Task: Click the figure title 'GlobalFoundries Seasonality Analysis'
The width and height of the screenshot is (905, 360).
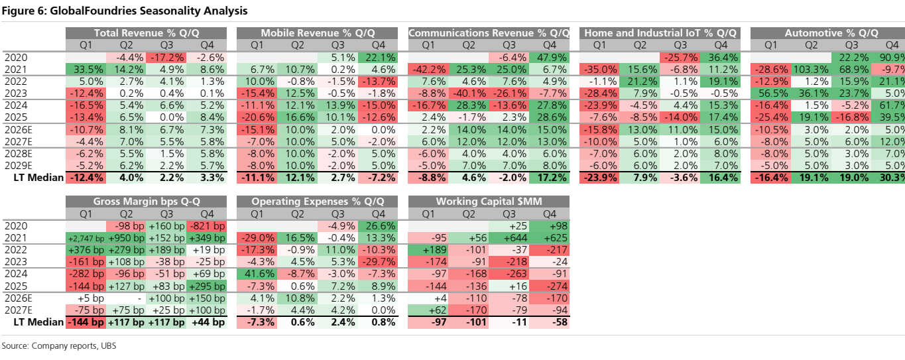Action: coord(149,11)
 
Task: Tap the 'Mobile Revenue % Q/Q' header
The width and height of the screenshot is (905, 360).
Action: coord(318,33)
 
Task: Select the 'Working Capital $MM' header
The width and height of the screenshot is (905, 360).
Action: coord(489,201)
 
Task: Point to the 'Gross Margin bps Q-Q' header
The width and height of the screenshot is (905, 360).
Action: coord(147,201)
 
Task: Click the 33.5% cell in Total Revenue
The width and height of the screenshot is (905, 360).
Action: coord(86,70)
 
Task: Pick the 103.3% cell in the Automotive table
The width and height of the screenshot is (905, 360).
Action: coord(812,70)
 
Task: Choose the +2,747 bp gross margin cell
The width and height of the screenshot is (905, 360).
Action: coord(86,238)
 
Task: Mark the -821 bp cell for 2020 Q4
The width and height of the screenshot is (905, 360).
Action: coord(207,226)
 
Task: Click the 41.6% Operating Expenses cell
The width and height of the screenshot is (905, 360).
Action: coord(257,274)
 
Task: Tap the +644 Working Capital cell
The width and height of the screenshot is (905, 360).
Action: coord(509,238)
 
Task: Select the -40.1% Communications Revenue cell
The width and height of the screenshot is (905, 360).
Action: coord(469,93)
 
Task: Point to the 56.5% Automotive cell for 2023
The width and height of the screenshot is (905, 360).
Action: coord(771,93)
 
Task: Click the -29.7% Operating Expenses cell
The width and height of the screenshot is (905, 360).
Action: coord(378,262)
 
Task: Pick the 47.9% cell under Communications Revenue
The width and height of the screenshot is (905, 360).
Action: coord(550,58)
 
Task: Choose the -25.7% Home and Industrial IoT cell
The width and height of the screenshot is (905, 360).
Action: coord(680,58)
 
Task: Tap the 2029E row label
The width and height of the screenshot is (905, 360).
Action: coord(19,166)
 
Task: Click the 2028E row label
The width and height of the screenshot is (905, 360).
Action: coord(19,154)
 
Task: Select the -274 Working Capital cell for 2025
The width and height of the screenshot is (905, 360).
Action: coord(550,286)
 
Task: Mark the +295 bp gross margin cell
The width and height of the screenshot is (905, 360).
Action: coord(207,286)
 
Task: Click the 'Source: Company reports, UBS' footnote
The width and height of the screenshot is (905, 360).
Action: coord(59,346)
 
